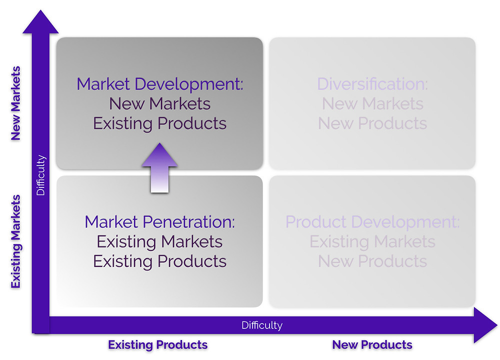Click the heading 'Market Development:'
pyautogui.click(x=160, y=84)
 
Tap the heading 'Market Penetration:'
pyautogui.click(x=160, y=222)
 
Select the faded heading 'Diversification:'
pyautogui.click(x=372, y=84)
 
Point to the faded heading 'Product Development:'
pyautogui.click(x=372, y=222)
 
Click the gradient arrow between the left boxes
pyautogui.click(x=159, y=167)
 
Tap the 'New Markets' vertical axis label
pyautogui.click(x=15, y=103)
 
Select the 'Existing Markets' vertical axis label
pyautogui.click(x=15, y=241)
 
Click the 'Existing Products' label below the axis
pyautogui.click(x=158, y=345)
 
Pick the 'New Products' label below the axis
pyautogui.click(x=372, y=345)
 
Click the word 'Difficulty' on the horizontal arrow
pyautogui.click(x=262, y=325)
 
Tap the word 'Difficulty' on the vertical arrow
pyautogui.click(x=41, y=175)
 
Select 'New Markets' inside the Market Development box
pyautogui.click(x=160, y=104)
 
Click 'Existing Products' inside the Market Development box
pyautogui.click(x=160, y=123)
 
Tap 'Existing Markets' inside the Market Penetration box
pyautogui.click(x=160, y=241)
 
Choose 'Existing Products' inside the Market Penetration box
pyautogui.click(x=160, y=261)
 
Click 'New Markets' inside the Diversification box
pyautogui.click(x=372, y=104)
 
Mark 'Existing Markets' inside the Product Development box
pyautogui.click(x=372, y=241)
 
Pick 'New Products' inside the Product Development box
pyautogui.click(x=372, y=261)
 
